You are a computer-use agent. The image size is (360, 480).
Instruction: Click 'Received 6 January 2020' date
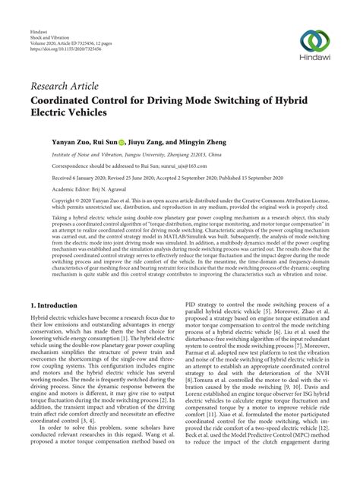(62, 176)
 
